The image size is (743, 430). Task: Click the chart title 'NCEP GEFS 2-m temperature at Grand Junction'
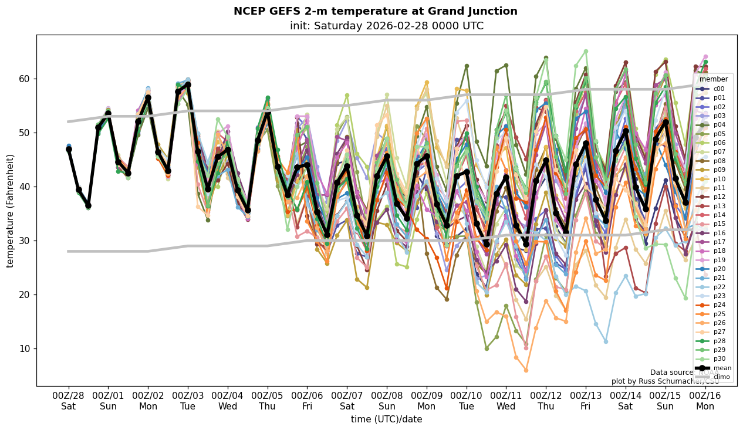pyautogui.click(x=375, y=11)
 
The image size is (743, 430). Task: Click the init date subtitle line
pyautogui.click(x=386, y=26)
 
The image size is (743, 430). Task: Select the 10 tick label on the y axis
pyautogui.click(x=26, y=348)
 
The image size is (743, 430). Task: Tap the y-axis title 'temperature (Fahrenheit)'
pyautogui.click(x=11, y=211)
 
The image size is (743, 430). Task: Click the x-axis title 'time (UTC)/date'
pyautogui.click(x=386, y=419)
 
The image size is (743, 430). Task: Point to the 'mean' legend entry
pyautogui.click(x=713, y=368)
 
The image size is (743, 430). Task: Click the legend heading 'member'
pyautogui.click(x=713, y=79)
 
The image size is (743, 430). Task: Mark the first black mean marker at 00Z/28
pyautogui.click(x=69, y=149)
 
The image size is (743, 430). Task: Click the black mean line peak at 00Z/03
pyautogui.click(x=188, y=84)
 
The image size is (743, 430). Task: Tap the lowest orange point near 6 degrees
pyautogui.click(x=526, y=370)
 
